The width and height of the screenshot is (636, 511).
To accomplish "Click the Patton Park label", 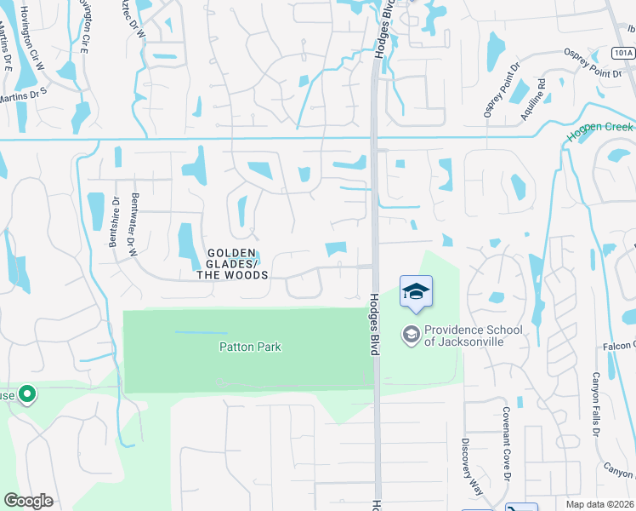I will point(250,347).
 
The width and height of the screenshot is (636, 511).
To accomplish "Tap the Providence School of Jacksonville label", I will point(463,336).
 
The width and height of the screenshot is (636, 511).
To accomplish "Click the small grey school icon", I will point(412,335).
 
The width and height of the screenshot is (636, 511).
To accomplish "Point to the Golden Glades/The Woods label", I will point(232,264).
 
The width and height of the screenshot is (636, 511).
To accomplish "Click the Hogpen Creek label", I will point(600,128).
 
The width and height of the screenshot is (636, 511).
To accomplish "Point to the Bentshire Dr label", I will point(114,222).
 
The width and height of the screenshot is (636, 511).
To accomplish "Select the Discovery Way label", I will point(467,461).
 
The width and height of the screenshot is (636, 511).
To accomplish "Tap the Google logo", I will point(28,501).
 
